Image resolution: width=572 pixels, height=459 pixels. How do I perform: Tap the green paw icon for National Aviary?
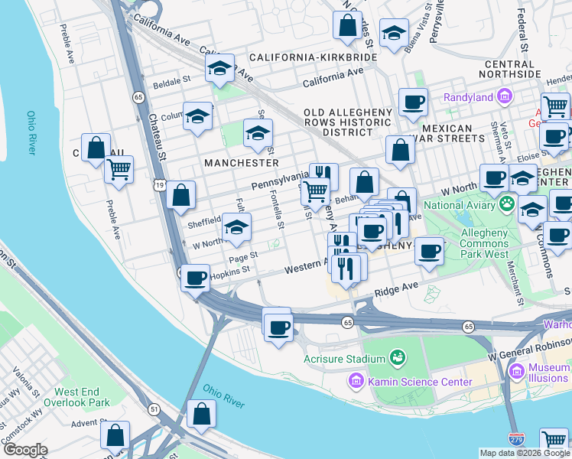coord(505,204)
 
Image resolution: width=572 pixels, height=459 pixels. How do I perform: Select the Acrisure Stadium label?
coord(343,359)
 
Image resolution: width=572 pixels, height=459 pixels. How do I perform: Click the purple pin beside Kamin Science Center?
coord(356,381)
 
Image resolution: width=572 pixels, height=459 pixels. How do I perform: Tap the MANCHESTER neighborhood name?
coord(241,163)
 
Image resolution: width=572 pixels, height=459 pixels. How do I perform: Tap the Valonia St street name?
coord(21,376)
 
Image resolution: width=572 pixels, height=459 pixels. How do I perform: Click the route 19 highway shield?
coord(158,184)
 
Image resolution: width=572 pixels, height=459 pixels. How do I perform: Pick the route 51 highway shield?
coord(154,410)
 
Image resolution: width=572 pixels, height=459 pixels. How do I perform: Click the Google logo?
coord(24,450)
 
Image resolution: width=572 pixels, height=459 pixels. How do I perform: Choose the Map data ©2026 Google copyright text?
coord(524,452)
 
